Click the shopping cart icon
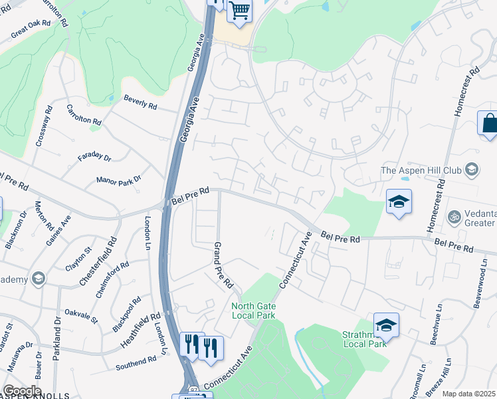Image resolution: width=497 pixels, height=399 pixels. tap(239, 11)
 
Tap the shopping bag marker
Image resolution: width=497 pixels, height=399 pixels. tap(488, 124)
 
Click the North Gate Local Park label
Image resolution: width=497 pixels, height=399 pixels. tap(253, 310)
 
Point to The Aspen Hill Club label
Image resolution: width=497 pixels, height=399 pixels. tap(421, 170)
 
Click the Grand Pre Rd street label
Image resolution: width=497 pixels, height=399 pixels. tap(223, 265)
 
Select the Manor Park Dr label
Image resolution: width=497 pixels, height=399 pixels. tap(119, 180)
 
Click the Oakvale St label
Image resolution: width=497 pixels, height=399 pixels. tap(80, 316)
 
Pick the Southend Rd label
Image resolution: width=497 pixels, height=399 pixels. tap(136, 363)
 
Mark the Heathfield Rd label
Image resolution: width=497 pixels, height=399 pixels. tap(141, 329)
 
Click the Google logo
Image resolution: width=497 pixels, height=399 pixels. tap(23, 390)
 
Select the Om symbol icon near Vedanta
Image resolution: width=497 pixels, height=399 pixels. tap(456, 217)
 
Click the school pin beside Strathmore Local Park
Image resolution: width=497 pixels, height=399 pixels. tap(386, 325)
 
